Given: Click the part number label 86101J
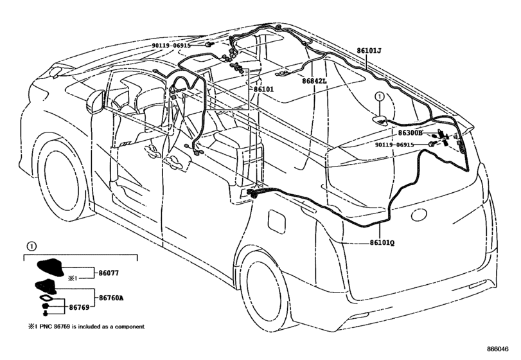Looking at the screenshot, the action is pyautogui.click(x=369, y=51).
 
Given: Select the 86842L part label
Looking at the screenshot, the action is pyautogui.click(x=314, y=81).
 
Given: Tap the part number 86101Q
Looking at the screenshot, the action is pyautogui.click(x=382, y=243).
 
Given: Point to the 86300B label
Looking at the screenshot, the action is pyautogui.click(x=411, y=133).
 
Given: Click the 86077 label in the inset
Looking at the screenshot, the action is pyautogui.click(x=109, y=273).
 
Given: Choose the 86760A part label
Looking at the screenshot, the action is pyautogui.click(x=111, y=298).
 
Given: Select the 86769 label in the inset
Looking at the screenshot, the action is pyautogui.click(x=79, y=307).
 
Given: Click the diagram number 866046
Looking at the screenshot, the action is pyautogui.click(x=498, y=349).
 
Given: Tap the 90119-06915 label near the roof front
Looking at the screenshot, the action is pyautogui.click(x=172, y=45).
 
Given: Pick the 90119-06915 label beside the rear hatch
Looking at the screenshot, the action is pyautogui.click(x=394, y=145).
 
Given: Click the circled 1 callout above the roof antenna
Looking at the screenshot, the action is pyautogui.click(x=380, y=96).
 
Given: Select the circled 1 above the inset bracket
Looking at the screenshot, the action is pyautogui.click(x=31, y=247).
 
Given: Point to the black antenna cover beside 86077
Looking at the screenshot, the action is pyautogui.click(x=51, y=267).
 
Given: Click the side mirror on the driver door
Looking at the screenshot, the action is pyautogui.click(x=95, y=102).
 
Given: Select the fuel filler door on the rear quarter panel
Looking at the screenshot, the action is pyautogui.click(x=276, y=220).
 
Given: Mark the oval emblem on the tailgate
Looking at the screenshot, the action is pyautogui.click(x=419, y=215).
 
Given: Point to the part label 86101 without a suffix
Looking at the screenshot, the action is pyautogui.click(x=264, y=89).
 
